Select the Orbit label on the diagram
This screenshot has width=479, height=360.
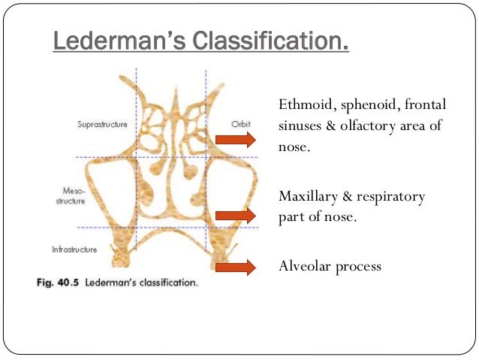coord(239,124)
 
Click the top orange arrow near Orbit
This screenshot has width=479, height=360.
coord(235,139)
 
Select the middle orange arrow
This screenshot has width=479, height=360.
coord(235,216)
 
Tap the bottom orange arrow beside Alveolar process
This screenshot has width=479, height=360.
coord(235,267)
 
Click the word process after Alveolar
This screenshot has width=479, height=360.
coord(357,266)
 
